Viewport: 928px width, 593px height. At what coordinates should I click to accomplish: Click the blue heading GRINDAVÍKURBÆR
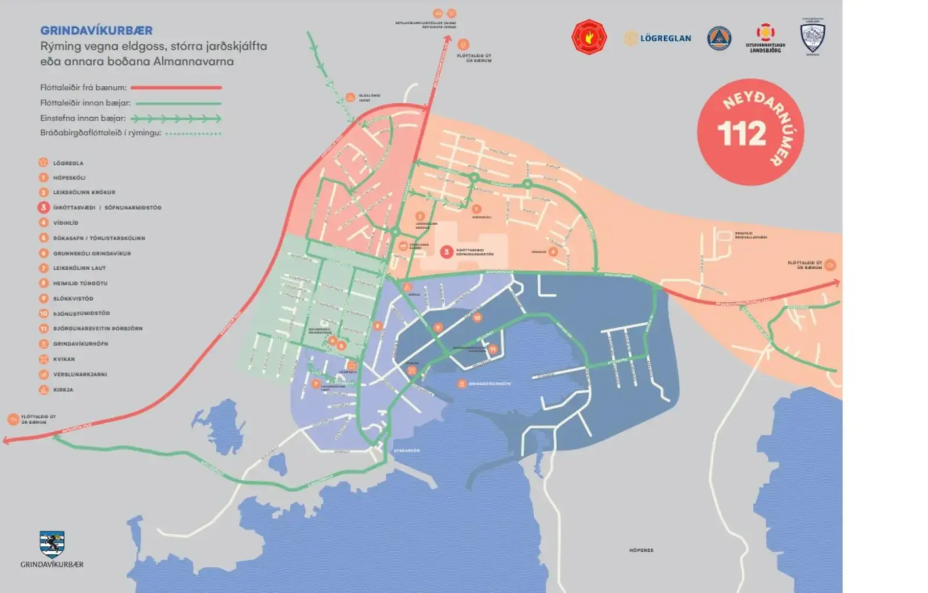pyautogui.click(x=96, y=31)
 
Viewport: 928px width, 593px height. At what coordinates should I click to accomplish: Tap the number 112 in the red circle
pyautogui.click(x=741, y=134)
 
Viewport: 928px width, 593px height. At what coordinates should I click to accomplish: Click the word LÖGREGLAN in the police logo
pyautogui.click(x=665, y=38)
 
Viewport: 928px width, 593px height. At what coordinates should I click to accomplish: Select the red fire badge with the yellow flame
pyautogui.click(x=589, y=37)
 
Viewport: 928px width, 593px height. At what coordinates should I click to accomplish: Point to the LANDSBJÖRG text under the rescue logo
pyautogui.click(x=765, y=50)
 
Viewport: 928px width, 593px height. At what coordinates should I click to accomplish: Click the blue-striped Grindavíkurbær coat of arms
pyautogui.click(x=52, y=544)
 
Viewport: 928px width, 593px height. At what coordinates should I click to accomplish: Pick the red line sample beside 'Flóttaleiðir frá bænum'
pyautogui.click(x=176, y=88)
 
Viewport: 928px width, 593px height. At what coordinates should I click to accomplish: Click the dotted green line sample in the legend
pyautogui.click(x=193, y=133)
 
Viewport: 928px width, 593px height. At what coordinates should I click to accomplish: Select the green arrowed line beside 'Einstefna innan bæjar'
pyautogui.click(x=176, y=118)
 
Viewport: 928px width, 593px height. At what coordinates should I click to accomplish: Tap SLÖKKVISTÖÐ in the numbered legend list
pyautogui.click(x=73, y=299)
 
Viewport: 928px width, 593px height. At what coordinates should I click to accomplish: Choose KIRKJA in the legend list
pyautogui.click(x=63, y=390)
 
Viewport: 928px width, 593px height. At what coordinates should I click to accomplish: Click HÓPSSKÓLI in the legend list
pyautogui.click(x=69, y=178)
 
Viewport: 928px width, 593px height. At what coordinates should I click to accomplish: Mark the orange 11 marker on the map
pyautogui.click(x=493, y=349)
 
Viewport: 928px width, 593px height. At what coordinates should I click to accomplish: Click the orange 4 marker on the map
pyautogui.click(x=553, y=251)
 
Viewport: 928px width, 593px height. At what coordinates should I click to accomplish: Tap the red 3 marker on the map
pyautogui.click(x=446, y=252)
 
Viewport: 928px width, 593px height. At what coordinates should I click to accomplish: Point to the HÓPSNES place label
pyautogui.click(x=641, y=550)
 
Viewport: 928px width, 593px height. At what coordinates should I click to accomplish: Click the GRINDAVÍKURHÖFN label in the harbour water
pyautogui.click(x=490, y=384)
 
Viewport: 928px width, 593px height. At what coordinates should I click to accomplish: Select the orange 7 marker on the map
pyautogui.click(x=316, y=384)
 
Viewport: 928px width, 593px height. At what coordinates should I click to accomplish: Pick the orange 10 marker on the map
pyautogui.click(x=477, y=317)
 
